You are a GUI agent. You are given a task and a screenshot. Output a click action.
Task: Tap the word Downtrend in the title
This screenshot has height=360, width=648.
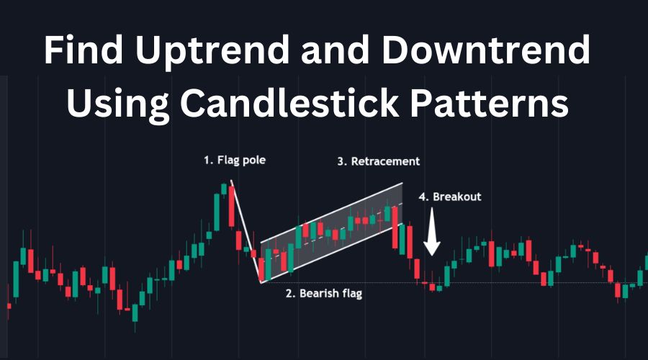[485, 50]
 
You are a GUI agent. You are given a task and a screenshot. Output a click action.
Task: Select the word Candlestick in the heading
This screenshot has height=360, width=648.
[289, 103]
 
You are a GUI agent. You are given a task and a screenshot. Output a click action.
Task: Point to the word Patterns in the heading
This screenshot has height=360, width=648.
[490, 103]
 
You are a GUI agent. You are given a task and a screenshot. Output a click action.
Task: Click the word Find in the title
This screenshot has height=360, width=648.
[83, 50]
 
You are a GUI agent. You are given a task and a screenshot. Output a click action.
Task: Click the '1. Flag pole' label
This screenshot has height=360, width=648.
[234, 161]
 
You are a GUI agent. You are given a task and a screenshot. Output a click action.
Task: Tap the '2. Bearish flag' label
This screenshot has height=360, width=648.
[324, 294]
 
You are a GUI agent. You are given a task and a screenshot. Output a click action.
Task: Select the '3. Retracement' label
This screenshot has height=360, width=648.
[378, 161]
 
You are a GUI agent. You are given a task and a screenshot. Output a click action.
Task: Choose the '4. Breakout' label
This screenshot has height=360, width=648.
[449, 197]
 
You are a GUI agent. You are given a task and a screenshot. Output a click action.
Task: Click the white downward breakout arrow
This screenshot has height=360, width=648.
[432, 231]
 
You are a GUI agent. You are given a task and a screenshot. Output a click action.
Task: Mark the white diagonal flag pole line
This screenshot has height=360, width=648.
[246, 231]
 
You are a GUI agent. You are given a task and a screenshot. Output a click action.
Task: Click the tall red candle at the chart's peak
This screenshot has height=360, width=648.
[231, 207]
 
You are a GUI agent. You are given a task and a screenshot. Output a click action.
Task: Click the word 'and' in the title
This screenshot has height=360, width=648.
[335, 50]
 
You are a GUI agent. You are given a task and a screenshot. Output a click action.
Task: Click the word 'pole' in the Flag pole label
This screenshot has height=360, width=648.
[253, 161]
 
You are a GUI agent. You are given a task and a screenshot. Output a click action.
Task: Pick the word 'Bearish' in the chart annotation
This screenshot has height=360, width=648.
[318, 294]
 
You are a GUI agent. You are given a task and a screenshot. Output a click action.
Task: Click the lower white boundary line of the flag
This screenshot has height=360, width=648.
[331, 253]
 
